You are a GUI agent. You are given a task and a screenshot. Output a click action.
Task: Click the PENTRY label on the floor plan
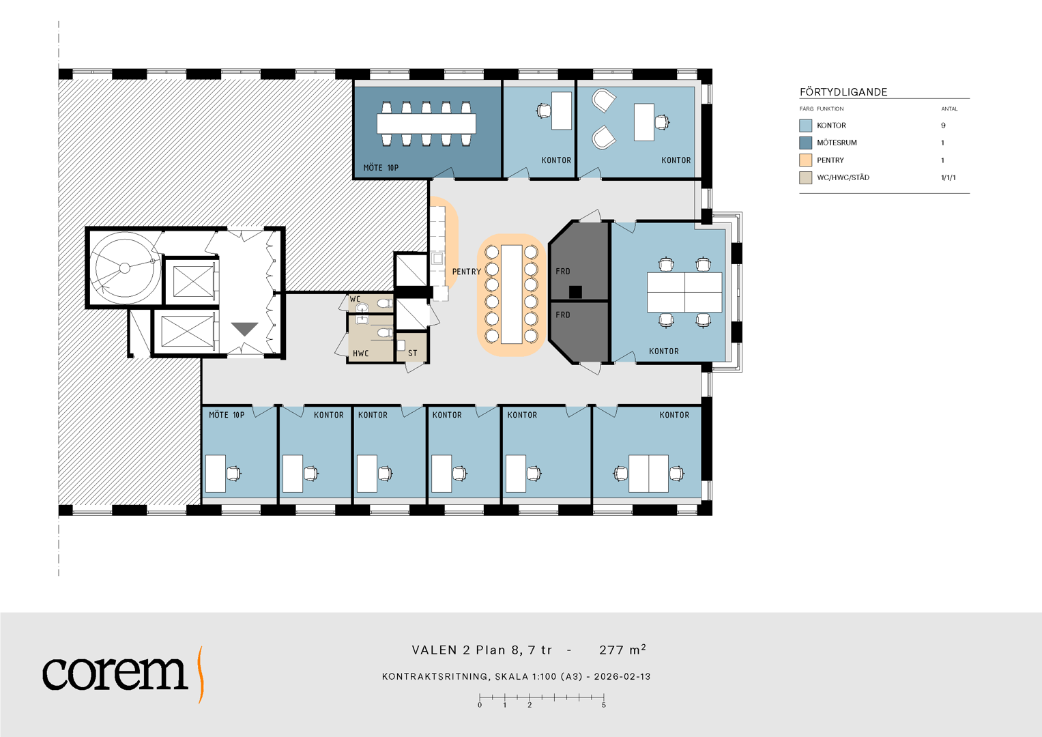click(x=467, y=272)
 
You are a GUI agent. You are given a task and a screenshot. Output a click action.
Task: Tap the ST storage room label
click(x=413, y=353)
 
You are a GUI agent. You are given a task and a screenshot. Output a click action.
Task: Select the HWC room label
click(x=360, y=353)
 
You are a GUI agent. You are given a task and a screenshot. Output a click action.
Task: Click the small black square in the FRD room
click(x=575, y=292)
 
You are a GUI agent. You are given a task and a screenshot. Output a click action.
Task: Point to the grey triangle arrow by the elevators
click(x=245, y=328)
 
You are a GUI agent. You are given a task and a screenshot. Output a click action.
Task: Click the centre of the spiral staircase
click(x=125, y=268)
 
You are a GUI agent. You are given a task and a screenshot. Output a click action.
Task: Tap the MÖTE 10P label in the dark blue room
click(x=381, y=167)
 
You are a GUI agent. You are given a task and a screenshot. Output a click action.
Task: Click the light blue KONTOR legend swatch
click(x=806, y=125)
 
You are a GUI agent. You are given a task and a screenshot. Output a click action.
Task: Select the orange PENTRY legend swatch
click(x=806, y=160)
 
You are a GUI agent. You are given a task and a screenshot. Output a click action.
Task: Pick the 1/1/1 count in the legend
click(x=949, y=177)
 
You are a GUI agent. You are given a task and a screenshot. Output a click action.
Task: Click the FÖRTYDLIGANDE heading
click(x=843, y=92)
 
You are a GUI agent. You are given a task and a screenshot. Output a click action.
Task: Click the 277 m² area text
click(x=622, y=650)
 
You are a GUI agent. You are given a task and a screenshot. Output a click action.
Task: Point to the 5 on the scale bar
click(x=604, y=706)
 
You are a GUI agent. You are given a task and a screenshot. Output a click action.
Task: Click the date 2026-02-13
click(x=622, y=676)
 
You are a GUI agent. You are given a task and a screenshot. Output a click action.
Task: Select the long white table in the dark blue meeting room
click(x=426, y=124)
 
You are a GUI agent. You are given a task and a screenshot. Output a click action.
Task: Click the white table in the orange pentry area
click(x=512, y=295)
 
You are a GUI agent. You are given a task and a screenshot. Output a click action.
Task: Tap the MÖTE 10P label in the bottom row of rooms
click(x=227, y=415)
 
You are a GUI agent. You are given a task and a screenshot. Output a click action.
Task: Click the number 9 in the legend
click(x=943, y=125)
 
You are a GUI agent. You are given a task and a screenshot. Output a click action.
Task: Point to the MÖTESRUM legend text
click(x=837, y=143)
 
